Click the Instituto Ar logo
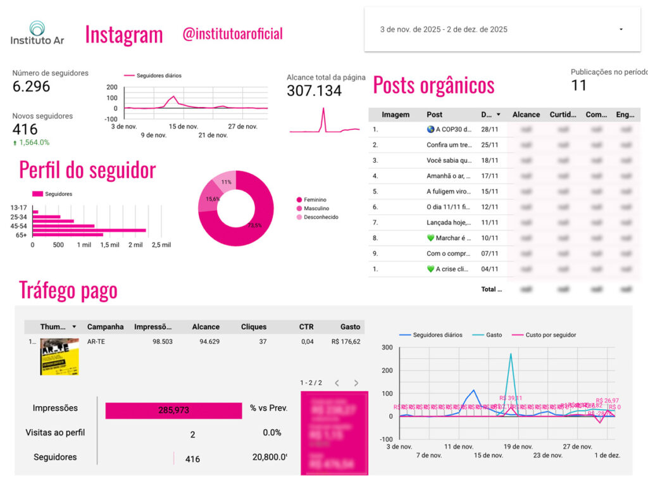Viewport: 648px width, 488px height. [x=37, y=33]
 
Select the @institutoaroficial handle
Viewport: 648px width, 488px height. [x=232, y=34]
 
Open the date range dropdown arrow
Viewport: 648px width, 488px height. [x=621, y=30]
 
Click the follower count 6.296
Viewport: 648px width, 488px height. [x=31, y=87]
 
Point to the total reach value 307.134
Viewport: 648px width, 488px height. [x=314, y=91]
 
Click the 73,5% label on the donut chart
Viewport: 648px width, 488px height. [x=254, y=225]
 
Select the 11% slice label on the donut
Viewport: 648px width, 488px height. [x=226, y=182]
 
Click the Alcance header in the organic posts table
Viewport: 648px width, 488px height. [x=526, y=115]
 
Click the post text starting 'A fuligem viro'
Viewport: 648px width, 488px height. [x=449, y=192]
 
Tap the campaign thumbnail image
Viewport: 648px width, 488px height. [x=59, y=356]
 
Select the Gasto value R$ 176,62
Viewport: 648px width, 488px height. [x=346, y=342]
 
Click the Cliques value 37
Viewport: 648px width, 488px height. [x=263, y=342]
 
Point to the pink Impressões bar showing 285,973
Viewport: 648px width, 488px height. [x=173, y=410]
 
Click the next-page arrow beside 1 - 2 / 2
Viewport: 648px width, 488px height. [x=356, y=383]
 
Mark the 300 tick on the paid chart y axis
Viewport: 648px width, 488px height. [x=387, y=347]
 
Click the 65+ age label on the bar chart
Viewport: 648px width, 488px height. [x=22, y=235]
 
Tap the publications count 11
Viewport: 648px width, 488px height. [x=578, y=85]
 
